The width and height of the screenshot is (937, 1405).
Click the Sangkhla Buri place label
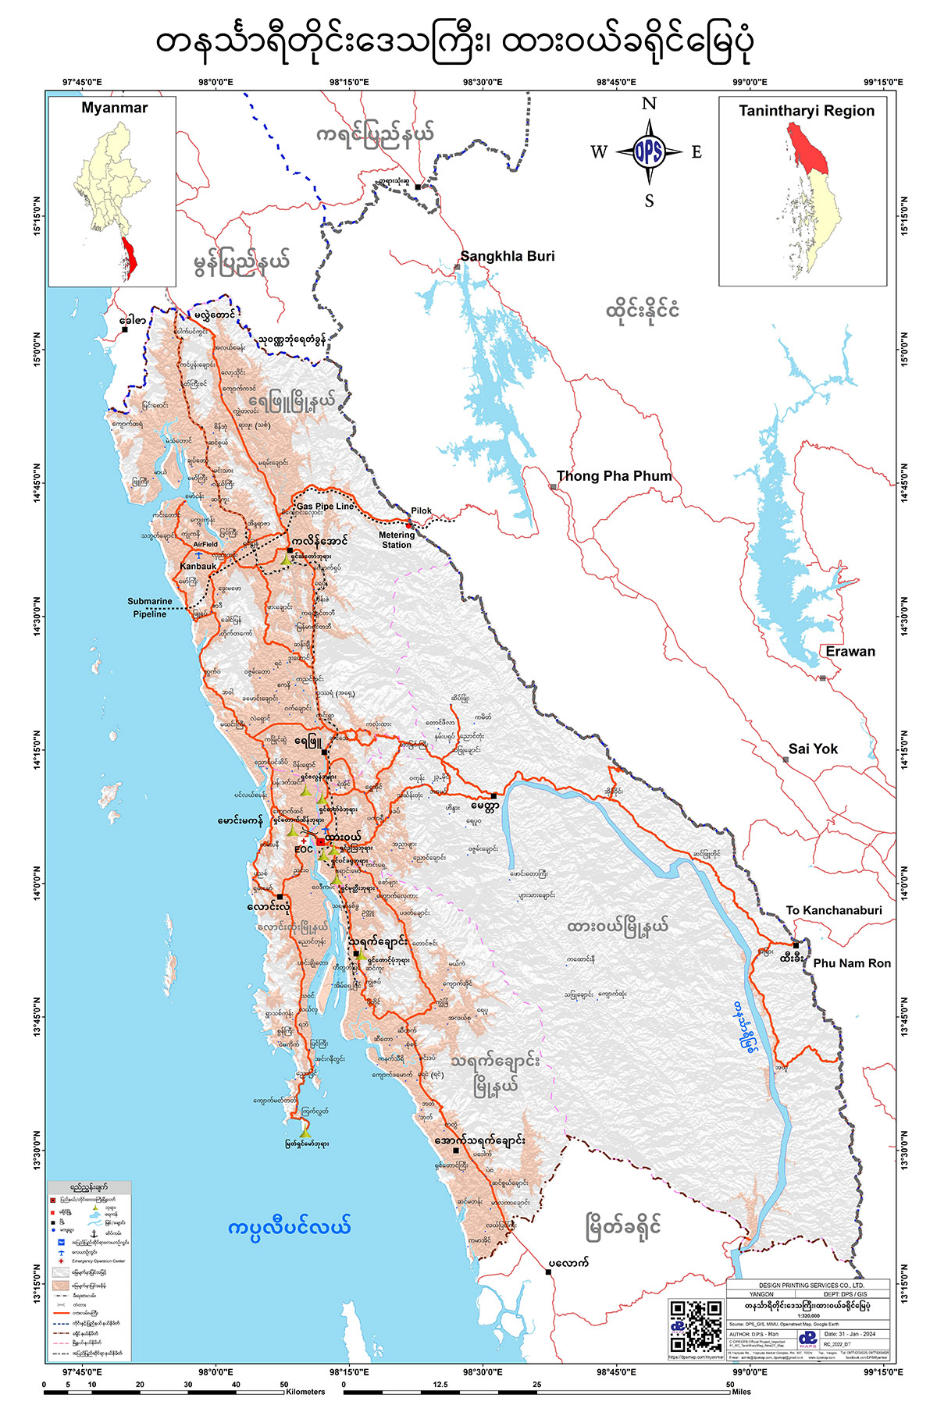click(x=508, y=256)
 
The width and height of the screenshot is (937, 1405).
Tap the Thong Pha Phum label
click(x=614, y=476)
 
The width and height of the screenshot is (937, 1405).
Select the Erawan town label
click(x=850, y=652)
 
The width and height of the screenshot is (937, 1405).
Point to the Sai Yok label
click(x=812, y=749)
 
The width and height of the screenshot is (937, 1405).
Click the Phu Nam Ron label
click(x=852, y=963)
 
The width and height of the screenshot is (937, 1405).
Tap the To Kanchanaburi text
click(x=833, y=910)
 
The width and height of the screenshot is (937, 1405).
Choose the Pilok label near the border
click(x=421, y=511)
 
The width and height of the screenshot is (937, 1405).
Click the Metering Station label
click(x=397, y=540)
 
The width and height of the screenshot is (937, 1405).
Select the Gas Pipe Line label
click(x=325, y=507)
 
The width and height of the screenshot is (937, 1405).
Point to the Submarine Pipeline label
click(x=150, y=607)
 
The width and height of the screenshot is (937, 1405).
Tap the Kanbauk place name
click(x=198, y=566)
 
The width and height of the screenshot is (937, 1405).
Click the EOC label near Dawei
click(x=304, y=849)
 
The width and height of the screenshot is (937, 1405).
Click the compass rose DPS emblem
click(x=648, y=152)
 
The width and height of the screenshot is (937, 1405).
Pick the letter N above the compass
click(x=649, y=104)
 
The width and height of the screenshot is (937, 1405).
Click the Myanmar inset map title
click(x=114, y=108)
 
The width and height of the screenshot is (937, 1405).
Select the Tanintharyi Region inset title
click(x=807, y=111)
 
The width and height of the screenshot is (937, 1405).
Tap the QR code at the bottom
click(x=697, y=1326)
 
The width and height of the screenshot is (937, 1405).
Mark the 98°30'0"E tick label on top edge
click(x=483, y=82)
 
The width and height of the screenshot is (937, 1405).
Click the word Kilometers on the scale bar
click(x=305, y=1392)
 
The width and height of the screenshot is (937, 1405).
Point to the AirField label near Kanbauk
click(x=205, y=545)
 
